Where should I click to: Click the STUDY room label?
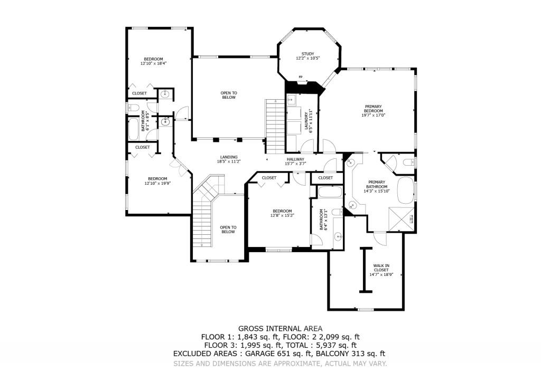click(308, 54)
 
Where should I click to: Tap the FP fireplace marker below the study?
click(301, 78)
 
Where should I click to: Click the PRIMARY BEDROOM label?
click(373, 109)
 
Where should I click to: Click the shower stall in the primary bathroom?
click(399, 218)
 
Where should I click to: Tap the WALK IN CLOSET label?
click(381, 268)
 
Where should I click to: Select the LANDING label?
click(229, 157)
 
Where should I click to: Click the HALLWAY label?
click(295, 159)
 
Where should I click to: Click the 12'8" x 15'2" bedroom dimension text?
click(282, 215)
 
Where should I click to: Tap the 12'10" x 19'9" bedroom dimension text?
click(157, 184)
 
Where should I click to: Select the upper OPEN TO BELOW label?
click(229, 95)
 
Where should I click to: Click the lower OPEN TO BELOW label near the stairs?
click(228, 230)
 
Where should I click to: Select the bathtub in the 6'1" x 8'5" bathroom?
click(134, 130)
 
